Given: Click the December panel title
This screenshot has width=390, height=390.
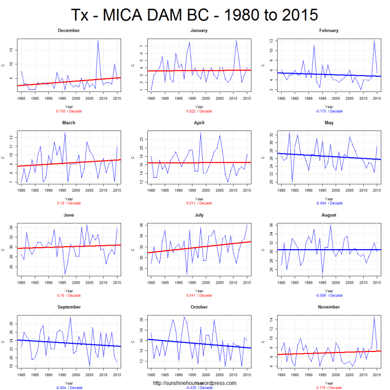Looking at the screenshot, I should [69, 31].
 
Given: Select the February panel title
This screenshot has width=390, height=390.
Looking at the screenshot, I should [329, 31].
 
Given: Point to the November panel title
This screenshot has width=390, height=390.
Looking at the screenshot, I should [329, 307].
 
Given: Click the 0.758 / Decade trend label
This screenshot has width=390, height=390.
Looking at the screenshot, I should [69, 111].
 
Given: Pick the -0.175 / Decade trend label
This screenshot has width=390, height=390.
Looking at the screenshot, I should [329, 111].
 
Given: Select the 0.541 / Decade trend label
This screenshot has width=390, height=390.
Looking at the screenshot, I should [199, 295].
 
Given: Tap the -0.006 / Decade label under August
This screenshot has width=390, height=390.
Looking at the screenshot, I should [329, 295].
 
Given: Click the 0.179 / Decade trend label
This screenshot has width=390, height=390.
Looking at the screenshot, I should [329, 388].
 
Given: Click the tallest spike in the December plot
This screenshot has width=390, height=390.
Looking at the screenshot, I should [98, 41].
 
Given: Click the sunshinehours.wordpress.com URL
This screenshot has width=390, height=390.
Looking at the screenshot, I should [194, 383].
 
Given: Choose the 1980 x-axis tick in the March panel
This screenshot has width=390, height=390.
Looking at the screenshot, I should [22, 190].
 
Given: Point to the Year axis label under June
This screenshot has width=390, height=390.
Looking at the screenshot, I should [69, 291].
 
